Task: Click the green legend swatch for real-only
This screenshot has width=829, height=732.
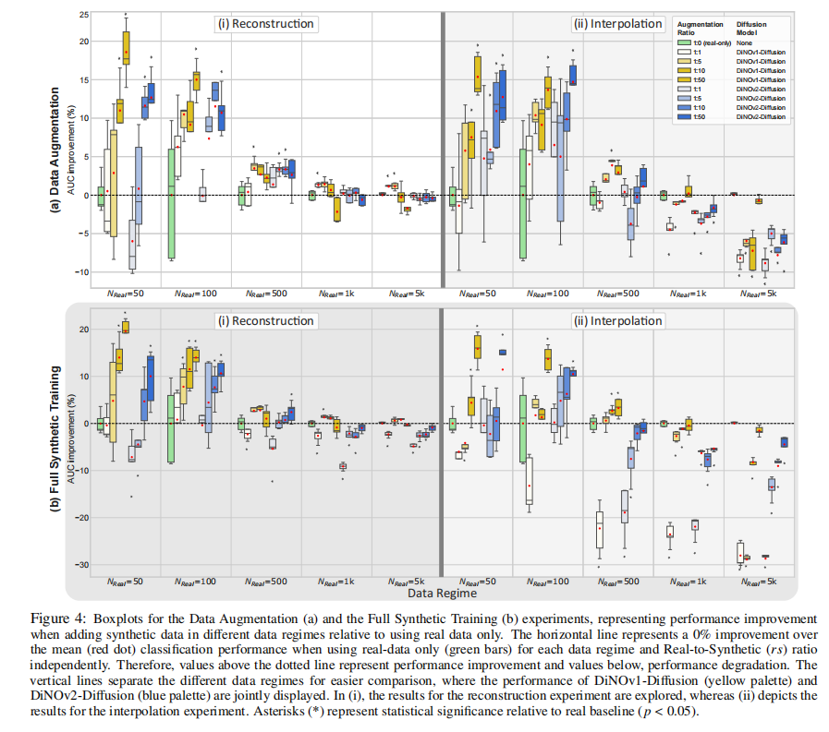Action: click(685, 43)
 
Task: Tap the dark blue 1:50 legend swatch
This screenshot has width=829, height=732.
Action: click(685, 118)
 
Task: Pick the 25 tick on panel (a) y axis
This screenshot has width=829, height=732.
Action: click(83, 16)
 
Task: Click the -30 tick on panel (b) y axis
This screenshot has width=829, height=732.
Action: click(81, 565)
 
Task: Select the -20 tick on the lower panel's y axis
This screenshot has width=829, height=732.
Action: click(81, 518)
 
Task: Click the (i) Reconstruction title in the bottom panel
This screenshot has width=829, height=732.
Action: click(265, 321)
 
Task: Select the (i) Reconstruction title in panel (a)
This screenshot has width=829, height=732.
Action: click(265, 23)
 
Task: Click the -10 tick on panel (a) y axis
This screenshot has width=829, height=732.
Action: click(82, 271)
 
